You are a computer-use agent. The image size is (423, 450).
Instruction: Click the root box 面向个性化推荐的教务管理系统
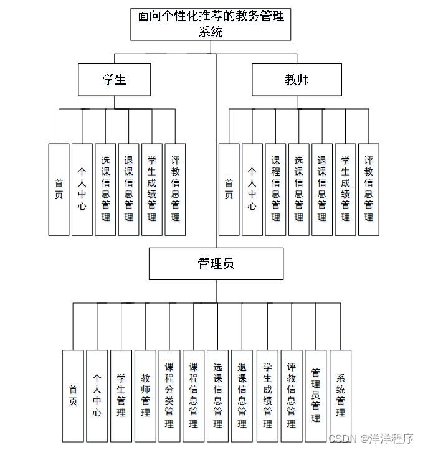(x=211, y=24)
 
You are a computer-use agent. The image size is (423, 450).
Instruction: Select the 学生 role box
(x=114, y=80)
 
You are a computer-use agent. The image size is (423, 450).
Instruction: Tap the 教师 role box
(x=297, y=80)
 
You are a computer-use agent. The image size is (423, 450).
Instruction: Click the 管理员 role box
(x=216, y=264)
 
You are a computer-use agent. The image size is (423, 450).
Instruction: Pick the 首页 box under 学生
(x=59, y=189)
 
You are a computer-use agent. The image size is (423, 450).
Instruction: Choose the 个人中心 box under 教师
(x=252, y=189)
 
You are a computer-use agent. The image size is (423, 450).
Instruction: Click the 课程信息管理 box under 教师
(x=275, y=189)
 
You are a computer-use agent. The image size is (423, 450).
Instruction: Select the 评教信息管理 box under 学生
(x=175, y=189)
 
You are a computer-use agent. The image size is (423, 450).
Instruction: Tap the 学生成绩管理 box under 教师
(x=345, y=189)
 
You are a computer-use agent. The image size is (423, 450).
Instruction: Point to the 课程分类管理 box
(x=169, y=396)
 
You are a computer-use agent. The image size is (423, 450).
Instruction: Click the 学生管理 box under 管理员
(x=121, y=396)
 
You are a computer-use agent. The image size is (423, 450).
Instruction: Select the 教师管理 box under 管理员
(x=145, y=396)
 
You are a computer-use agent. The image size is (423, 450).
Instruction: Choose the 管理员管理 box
(x=316, y=396)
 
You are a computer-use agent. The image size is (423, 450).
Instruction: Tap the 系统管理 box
(x=340, y=396)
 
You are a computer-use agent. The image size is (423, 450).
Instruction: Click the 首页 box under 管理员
(x=73, y=396)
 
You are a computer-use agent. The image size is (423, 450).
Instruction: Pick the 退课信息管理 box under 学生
(x=128, y=189)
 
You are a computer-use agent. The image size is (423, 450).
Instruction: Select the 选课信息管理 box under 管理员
(x=218, y=396)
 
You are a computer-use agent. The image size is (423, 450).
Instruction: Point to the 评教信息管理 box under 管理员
(x=291, y=396)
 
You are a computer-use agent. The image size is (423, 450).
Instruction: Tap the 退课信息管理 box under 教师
(x=321, y=189)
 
